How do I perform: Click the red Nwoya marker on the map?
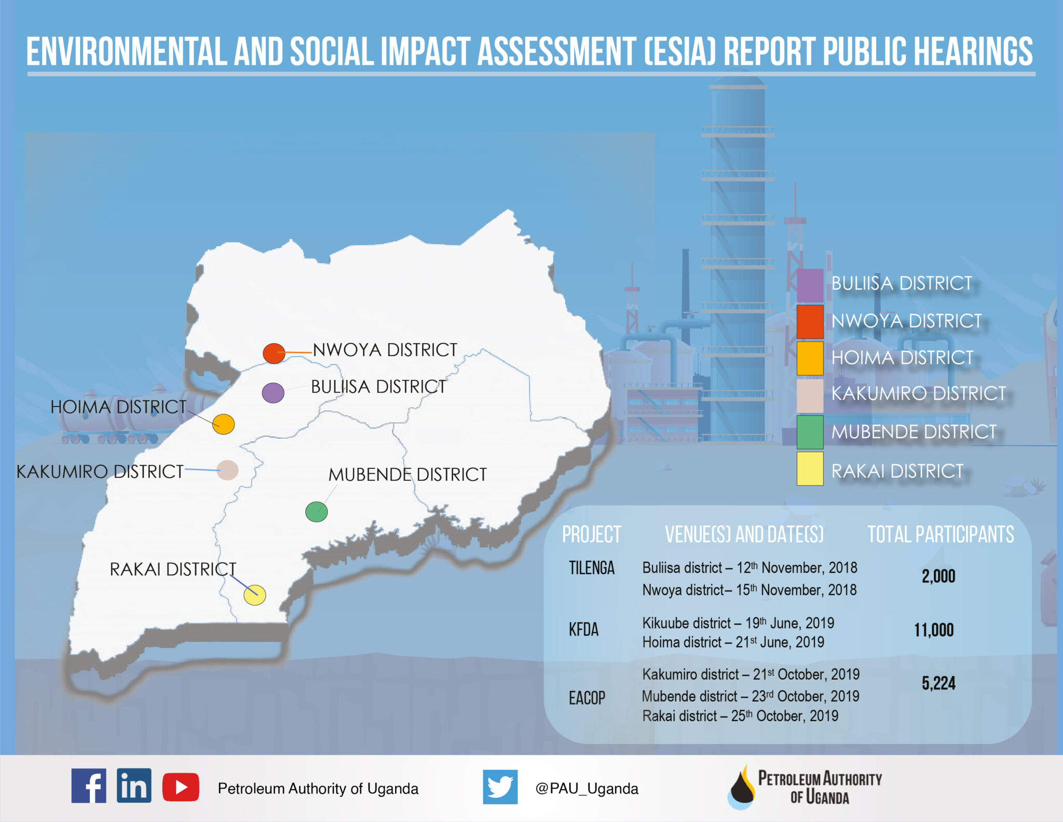[x=274, y=353]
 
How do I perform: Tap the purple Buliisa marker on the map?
[x=273, y=393]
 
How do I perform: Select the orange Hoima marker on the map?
[x=224, y=424]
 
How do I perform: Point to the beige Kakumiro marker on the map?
[x=227, y=470]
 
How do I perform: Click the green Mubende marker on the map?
[x=316, y=511]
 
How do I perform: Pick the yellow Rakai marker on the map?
[x=255, y=595]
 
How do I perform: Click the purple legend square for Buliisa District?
[x=810, y=285]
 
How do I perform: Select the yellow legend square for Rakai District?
[x=810, y=468]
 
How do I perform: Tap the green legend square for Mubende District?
[x=810, y=432]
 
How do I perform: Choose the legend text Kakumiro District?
[x=918, y=394]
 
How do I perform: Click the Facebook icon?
[x=89, y=785]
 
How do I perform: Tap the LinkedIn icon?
[x=134, y=785]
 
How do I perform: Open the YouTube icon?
[x=181, y=787]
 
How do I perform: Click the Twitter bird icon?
[x=500, y=787]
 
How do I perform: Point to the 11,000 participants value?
[x=934, y=630]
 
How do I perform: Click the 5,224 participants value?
[x=938, y=683]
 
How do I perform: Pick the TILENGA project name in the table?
[x=591, y=568]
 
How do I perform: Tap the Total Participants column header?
[x=941, y=534]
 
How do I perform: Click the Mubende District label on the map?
[x=407, y=474]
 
